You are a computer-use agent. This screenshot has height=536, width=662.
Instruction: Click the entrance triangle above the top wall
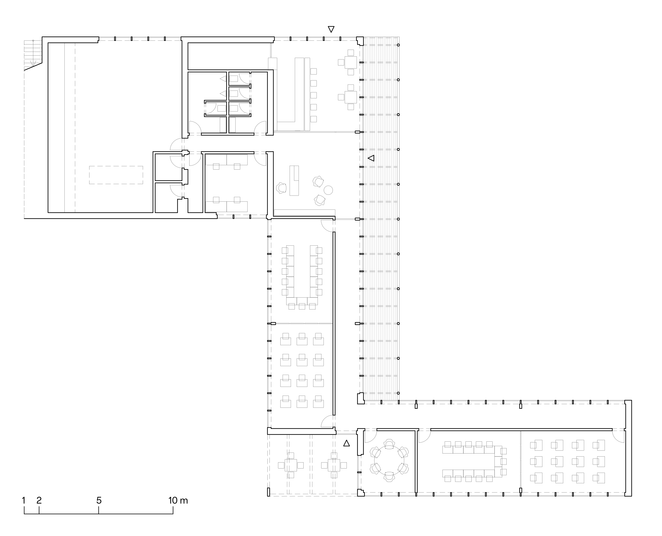coord(331,29)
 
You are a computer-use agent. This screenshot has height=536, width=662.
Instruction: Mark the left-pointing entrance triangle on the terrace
coord(371,158)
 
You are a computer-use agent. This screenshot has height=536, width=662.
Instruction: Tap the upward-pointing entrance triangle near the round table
coord(347,443)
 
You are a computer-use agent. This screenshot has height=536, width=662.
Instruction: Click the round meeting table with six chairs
coord(389,460)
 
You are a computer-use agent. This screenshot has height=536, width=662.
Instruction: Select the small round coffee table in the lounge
coord(328,190)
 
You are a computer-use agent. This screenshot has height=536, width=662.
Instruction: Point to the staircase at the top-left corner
coord(33,54)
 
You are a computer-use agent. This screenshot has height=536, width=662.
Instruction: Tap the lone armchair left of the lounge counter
coord(281,188)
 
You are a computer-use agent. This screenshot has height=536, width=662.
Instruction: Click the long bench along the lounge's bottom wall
coord(304,213)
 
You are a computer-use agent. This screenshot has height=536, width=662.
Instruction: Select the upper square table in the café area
coord(350,62)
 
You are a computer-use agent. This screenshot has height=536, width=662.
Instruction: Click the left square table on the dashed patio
coord(291,465)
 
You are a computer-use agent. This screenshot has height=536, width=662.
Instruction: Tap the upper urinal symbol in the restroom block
coord(223,79)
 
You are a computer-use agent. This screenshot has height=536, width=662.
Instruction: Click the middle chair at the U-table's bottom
coord(302,306)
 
